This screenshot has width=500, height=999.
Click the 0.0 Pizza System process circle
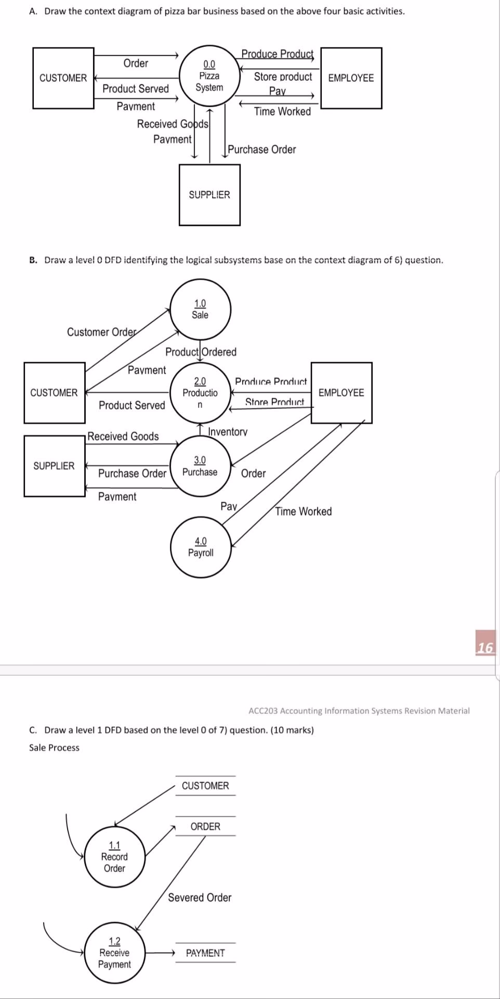209,76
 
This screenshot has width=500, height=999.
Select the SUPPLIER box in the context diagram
209,195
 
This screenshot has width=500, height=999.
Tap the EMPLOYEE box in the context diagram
351,78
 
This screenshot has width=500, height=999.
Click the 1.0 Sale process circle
200,309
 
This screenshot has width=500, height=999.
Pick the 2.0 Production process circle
200,393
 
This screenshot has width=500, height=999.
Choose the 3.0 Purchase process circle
200,466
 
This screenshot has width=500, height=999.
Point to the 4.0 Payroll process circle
201,547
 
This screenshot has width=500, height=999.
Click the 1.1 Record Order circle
114,856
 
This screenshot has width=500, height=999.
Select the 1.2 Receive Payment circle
114,953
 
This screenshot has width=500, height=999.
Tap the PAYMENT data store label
205,953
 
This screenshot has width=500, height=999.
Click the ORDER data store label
205,826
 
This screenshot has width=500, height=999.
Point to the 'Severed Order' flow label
200,898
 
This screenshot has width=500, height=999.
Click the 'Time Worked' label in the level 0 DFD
304,511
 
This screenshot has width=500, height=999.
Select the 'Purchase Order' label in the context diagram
262,150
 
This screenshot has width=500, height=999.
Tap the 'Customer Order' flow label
102,332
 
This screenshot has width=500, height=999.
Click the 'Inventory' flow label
228,432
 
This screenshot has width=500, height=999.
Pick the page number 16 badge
485,647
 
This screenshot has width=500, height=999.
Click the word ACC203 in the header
263,711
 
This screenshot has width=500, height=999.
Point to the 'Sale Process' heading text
54,748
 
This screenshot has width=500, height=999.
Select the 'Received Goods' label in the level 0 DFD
123,437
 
